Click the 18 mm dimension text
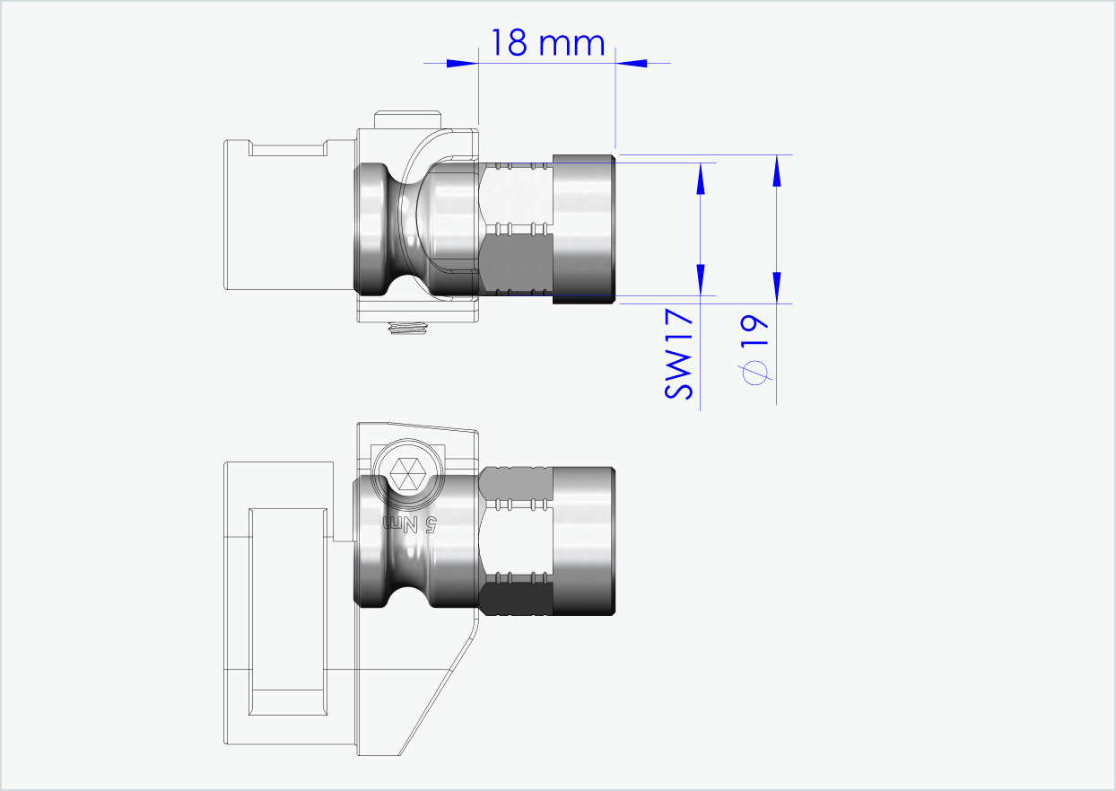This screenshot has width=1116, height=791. click(546, 42)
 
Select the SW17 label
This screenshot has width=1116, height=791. click(680, 355)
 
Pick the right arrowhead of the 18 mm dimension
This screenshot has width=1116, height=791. click(632, 63)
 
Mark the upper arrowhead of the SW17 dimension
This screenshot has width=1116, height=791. click(702, 180)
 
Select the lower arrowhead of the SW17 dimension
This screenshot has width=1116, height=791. click(702, 278)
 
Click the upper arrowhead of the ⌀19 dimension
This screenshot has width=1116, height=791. click(777, 171)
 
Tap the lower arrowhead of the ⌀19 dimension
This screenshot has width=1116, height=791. click(777, 286)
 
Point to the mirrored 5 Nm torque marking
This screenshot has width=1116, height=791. click(410, 523)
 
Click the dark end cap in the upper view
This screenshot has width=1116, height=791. click(583, 229)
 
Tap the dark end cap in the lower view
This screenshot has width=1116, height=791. click(583, 541)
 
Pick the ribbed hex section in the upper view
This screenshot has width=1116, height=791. click(517, 229)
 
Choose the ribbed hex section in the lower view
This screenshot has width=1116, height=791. click(517, 541)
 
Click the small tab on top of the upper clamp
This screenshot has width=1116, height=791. click(409, 119)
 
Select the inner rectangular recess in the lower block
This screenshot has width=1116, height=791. click(287, 611)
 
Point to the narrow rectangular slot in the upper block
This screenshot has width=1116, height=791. click(287, 148)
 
